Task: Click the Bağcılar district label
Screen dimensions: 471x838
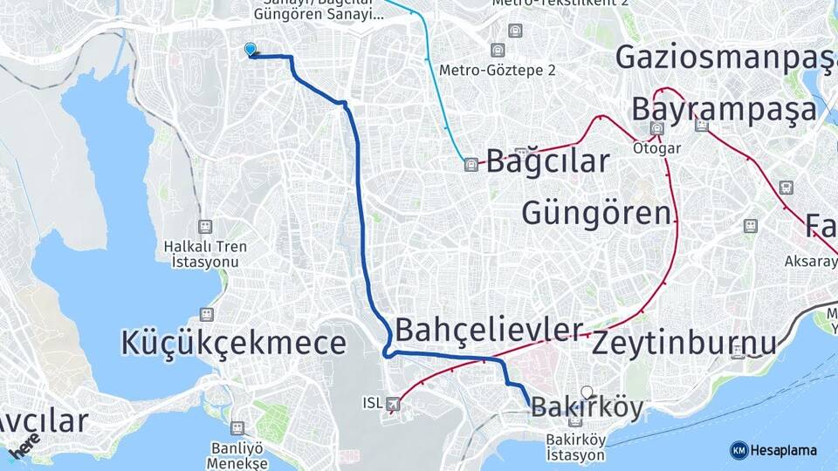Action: (547, 161)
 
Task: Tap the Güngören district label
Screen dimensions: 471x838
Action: (597, 212)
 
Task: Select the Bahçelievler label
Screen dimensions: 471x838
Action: (489, 330)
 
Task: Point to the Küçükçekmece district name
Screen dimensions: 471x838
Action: (235, 343)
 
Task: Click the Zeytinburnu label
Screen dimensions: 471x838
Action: (683, 343)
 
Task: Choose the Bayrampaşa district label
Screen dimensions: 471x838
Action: (725, 110)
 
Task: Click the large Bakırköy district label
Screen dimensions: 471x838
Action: (587, 407)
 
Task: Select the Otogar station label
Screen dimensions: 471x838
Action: (657, 148)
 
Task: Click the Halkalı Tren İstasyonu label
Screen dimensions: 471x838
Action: (205, 254)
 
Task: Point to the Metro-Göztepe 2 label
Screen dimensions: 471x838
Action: (498, 71)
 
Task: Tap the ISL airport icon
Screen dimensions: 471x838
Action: (393, 404)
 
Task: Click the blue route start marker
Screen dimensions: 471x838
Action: (251, 51)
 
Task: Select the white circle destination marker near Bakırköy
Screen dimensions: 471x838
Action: (587, 392)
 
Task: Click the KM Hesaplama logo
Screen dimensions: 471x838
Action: (773, 450)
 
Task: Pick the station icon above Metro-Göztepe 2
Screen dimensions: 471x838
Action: (498, 51)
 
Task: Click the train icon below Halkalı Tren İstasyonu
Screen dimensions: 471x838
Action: (206, 312)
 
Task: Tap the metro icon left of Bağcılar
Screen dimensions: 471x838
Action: (471, 164)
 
